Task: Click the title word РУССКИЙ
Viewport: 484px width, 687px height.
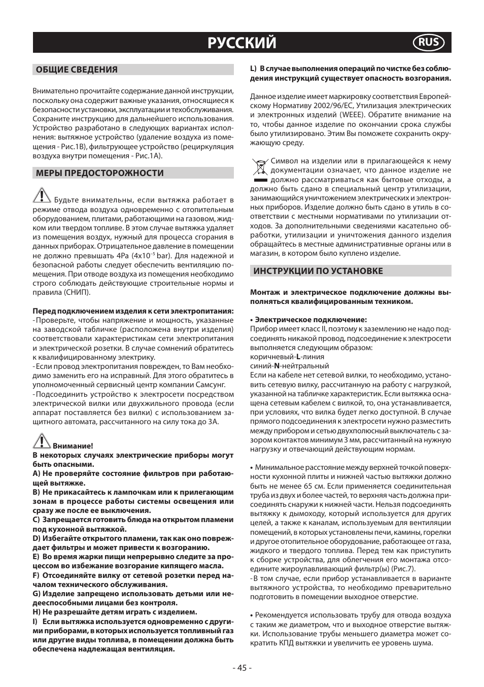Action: tap(242, 43)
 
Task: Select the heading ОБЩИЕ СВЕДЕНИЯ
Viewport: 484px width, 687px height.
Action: tap(77, 70)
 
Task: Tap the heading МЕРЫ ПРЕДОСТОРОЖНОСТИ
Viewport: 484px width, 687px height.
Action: tap(100, 173)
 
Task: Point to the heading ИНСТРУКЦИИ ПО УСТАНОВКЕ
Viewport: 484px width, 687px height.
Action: tap(318, 271)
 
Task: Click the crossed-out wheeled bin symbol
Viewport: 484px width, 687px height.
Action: tap(260, 166)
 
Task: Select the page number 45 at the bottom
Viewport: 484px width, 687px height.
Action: tap(242, 668)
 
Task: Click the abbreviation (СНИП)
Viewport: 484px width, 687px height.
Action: tap(78, 293)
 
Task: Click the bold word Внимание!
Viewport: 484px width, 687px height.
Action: tap(73, 446)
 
